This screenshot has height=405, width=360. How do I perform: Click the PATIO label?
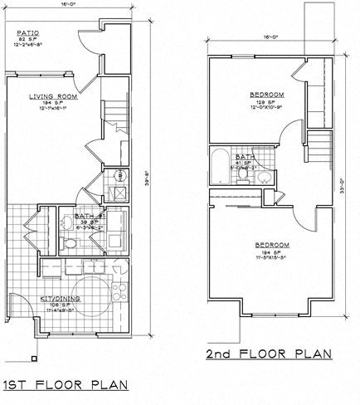tap(30, 35)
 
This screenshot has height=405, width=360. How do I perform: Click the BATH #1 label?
tap(88, 216)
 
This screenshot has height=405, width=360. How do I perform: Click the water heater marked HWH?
tap(120, 176)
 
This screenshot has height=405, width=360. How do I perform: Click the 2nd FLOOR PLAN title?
tap(270, 354)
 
